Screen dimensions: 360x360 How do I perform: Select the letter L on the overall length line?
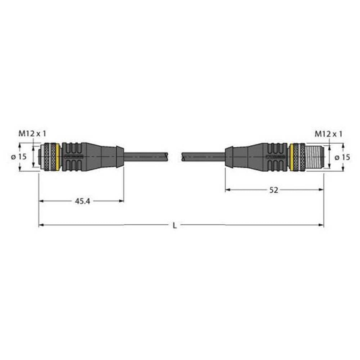tap(175, 224)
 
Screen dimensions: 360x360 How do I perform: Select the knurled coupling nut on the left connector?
tap(49, 156)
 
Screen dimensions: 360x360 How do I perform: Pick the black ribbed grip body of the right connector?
tap(267, 156)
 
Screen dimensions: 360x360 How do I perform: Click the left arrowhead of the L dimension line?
tap(41, 224)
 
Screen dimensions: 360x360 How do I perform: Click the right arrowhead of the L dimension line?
tap(323, 224)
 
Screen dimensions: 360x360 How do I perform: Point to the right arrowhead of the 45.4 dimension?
tap(122, 200)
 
